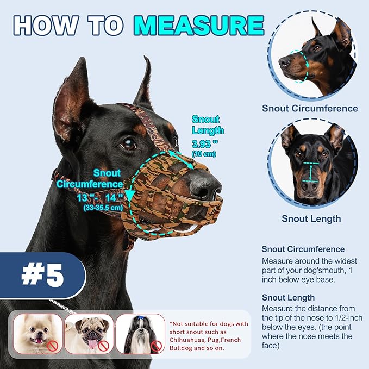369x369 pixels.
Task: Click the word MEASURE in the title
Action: [x=202, y=26]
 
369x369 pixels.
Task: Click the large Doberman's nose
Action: [x=207, y=186]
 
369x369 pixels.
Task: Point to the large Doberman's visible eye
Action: [x=128, y=144]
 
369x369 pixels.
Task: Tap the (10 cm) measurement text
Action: [x=205, y=154]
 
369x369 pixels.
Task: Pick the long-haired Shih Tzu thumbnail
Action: [x=140, y=333]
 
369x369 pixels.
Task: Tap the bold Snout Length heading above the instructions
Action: [x=288, y=297]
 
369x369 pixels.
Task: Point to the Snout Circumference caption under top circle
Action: [x=310, y=108]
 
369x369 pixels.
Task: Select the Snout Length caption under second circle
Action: [x=311, y=218]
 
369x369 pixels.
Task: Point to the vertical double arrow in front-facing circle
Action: [x=311, y=173]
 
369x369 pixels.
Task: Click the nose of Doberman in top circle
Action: [x=285, y=61]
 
